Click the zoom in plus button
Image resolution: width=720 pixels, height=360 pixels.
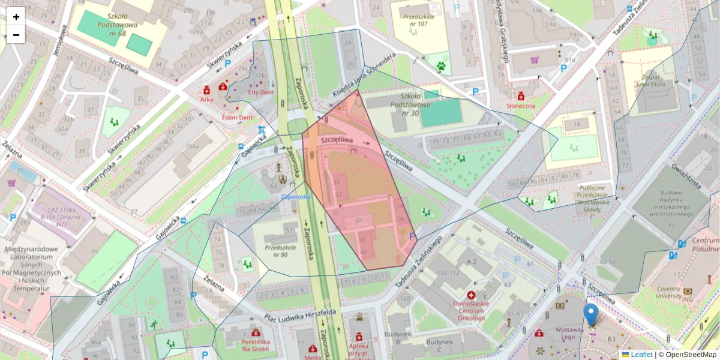point(16,17)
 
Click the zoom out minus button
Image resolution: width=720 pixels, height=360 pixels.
point(16,35)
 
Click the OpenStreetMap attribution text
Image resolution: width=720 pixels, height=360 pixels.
point(687,355)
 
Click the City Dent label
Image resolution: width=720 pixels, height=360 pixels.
point(260,93)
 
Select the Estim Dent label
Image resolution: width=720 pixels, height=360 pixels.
point(237,117)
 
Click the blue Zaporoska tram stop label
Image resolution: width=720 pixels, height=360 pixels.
point(296,196)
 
